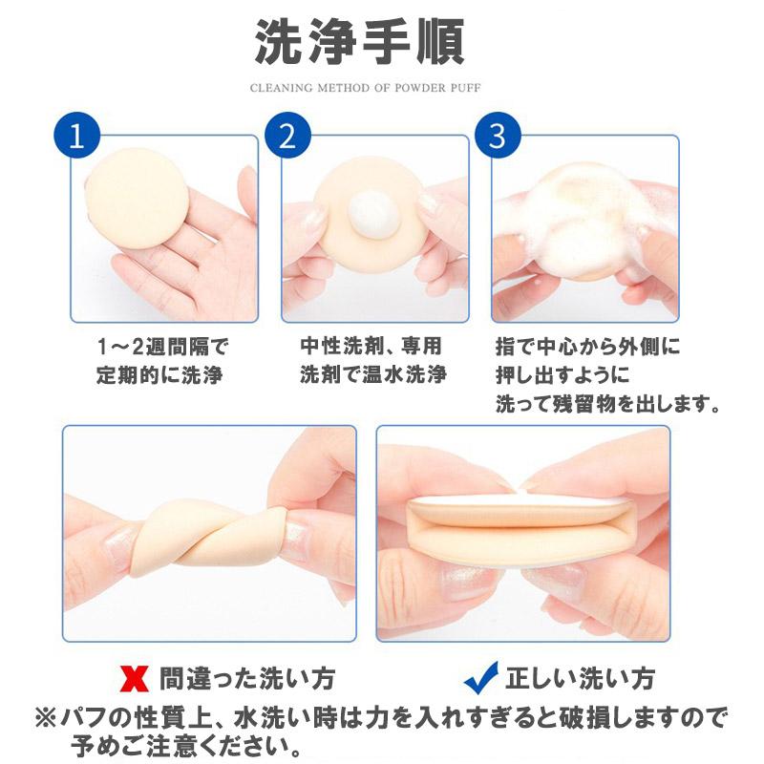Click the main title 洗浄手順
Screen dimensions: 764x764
359,42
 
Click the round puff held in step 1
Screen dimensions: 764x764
135,197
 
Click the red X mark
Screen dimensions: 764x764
134,680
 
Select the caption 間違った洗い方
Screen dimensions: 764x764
245,679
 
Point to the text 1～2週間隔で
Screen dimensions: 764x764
162,345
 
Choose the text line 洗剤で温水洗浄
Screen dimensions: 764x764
373,374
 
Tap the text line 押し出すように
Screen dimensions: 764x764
556,374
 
